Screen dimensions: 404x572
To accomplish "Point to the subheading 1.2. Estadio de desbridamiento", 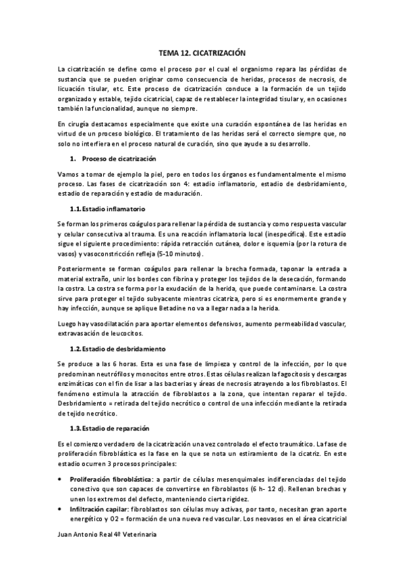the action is pos(118,349).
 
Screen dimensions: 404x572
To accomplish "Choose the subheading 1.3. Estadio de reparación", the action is pos(109,428).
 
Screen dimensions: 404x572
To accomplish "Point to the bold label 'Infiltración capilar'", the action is pos(98,509).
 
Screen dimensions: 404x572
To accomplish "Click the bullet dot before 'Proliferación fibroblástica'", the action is pos(63,478).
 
